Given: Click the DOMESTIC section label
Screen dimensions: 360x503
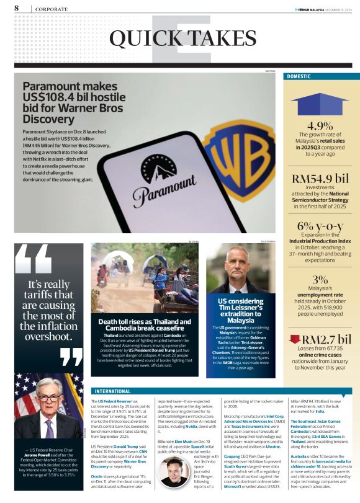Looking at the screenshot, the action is pyautogui.click(x=298, y=76).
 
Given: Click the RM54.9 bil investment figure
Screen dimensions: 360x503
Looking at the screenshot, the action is pyautogui.click(x=320, y=179).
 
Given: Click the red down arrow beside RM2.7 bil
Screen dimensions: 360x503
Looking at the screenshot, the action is pyautogui.click(x=295, y=339).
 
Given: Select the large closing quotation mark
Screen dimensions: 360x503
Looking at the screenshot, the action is pyautogui.click(x=71, y=357).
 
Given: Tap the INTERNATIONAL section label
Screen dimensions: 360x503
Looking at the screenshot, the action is pyautogui.click(x=114, y=391).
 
